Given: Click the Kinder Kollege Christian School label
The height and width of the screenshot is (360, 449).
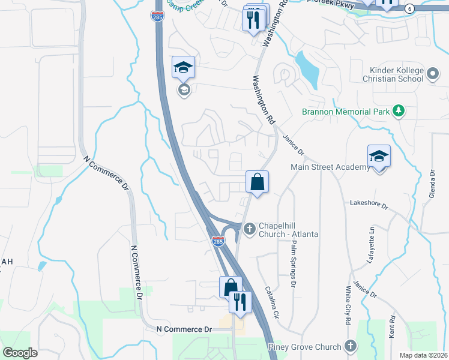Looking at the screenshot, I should click(x=393, y=75).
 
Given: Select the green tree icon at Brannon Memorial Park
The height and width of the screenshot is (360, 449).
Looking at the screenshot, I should click(x=397, y=111).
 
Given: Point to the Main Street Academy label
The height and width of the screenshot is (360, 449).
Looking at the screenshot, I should click(x=330, y=167).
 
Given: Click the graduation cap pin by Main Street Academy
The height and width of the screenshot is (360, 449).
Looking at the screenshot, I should click(x=379, y=157).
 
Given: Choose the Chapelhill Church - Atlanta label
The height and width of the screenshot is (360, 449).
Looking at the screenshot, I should click(x=288, y=230).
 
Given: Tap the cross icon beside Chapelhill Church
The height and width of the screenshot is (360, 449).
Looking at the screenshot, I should click(x=250, y=227).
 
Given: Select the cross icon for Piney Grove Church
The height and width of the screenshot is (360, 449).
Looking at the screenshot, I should click(x=351, y=346).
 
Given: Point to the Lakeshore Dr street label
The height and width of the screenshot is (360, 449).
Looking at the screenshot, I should click(x=369, y=204).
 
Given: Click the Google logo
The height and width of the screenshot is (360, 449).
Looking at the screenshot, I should click(x=20, y=352).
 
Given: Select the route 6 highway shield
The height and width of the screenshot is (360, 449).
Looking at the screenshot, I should click(x=409, y=8).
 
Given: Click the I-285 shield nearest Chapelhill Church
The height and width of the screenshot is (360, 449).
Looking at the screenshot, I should click(x=218, y=241).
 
